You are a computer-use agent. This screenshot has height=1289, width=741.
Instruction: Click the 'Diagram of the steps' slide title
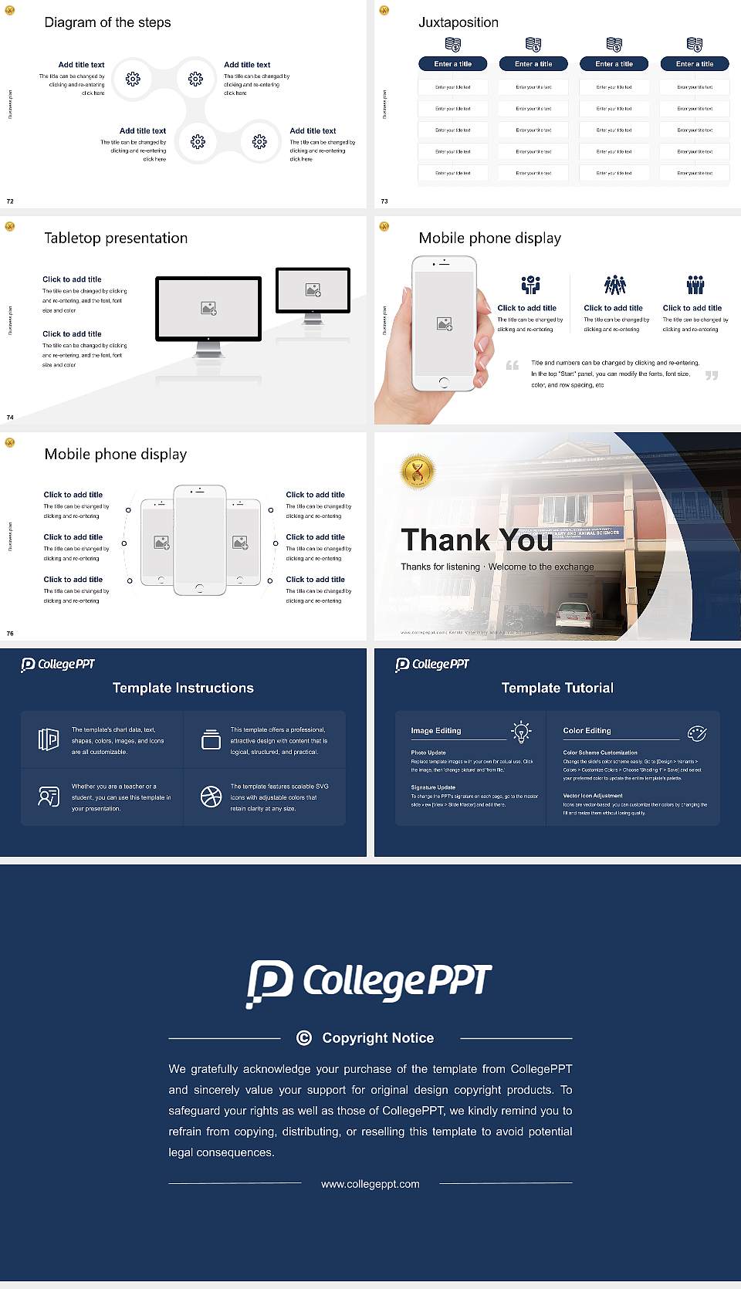[107, 22]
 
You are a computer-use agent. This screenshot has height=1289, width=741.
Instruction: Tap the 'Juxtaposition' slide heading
[458, 22]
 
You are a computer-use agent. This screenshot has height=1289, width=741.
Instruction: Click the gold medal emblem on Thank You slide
[418, 471]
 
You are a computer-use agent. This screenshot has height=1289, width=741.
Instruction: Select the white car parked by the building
[574, 615]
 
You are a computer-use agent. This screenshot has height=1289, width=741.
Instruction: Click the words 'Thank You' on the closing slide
[476, 540]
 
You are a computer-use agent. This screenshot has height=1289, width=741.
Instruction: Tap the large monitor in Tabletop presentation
[208, 309]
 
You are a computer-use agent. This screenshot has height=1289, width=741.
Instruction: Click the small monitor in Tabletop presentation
[313, 290]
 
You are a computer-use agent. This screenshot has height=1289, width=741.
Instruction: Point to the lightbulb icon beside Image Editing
[521, 732]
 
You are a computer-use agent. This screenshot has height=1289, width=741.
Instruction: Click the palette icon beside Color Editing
[696, 732]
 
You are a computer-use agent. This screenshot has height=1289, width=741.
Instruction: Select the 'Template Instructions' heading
[183, 688]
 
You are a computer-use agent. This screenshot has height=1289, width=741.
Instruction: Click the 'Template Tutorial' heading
[557, 688]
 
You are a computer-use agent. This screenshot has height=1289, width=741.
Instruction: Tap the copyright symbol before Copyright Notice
[304, 1038]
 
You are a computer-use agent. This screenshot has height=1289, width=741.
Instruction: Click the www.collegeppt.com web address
[370, 1184]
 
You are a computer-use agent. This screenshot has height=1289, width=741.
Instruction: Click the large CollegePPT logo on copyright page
[369, 983]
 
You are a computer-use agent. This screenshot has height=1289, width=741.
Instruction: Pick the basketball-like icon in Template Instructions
[211, 797]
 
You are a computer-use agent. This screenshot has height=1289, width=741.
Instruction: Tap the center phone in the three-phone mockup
[199, 540]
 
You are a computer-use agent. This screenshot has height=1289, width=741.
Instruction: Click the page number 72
[10, 201]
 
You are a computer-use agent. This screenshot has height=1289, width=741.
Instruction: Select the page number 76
[10, 633]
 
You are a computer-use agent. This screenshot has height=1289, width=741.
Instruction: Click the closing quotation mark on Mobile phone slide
[711, 375]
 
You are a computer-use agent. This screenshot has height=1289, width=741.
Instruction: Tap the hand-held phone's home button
[444, 382]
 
